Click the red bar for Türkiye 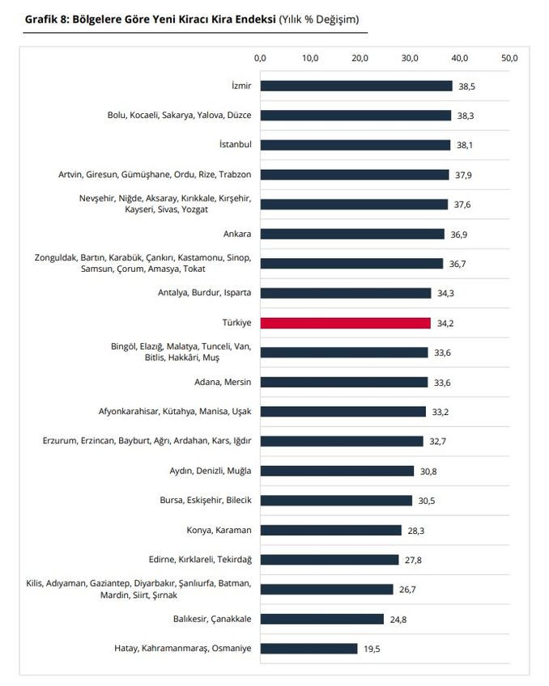tap(345, 323)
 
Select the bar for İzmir tap(356, 86)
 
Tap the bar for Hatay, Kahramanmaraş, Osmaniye tap(309, 648)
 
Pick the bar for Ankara tap(352, 234)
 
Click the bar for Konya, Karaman tap(330, 530)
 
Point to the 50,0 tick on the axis tap(509, 58)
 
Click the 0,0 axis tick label tap(260, 58)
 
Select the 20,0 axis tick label tap(360, 58)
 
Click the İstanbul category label tap(235, 145)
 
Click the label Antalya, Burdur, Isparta tap(205, 293)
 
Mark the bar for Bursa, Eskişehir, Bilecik tap(336, 500)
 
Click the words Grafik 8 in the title tap(46, 18)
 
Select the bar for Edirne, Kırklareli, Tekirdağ tap(330, 560)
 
